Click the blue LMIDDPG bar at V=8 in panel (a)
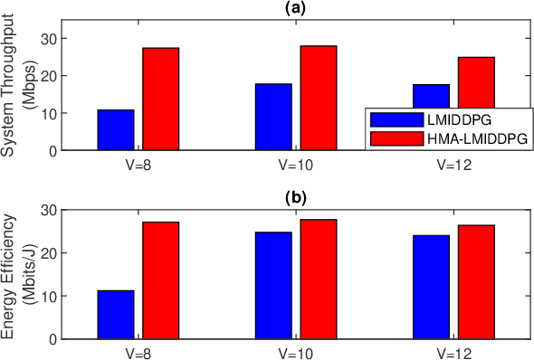116,129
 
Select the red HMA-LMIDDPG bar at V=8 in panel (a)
160,99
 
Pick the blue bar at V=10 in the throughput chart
273,117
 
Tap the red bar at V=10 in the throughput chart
319,98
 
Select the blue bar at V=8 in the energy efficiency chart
116,315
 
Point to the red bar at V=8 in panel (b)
160,280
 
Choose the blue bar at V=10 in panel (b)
273,286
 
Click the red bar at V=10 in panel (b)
319,279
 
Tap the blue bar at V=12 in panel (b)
431,287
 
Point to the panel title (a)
296,7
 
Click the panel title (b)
296,196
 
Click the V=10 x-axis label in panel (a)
296,165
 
